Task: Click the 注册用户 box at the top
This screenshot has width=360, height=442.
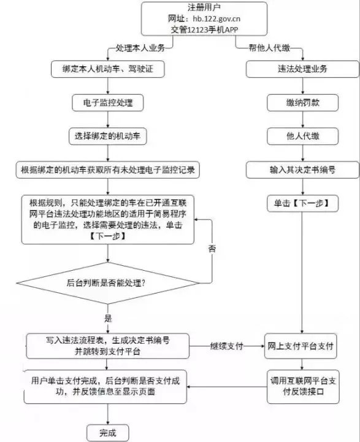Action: (204, 18)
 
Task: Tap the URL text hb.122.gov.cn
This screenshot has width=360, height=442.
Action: (216, 18)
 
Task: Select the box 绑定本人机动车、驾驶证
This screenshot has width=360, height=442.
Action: (107, 69)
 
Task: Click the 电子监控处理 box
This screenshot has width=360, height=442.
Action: (107, 103)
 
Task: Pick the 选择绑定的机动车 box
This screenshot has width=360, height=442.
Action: (107, 136)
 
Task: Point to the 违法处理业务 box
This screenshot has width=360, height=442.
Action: (302, 69)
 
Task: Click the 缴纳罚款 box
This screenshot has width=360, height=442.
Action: (302, 103)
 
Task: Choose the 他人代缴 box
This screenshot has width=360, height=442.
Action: (302, 136)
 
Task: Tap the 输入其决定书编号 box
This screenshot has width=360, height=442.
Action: (302, 169)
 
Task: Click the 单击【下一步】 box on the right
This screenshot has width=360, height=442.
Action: (302, 203)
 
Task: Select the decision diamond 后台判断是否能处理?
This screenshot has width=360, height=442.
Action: (107, 283)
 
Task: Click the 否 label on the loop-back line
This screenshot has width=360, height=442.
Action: (212, 249)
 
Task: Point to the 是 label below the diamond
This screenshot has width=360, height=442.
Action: (108, 319)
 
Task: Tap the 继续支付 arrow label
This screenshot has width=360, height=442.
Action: (226, 346)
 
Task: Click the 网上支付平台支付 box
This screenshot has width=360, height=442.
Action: (301, 346)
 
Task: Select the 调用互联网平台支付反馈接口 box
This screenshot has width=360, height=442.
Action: (303, 387)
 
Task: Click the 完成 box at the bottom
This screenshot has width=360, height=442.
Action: (107, 433)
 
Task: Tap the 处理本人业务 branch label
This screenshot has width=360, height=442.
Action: (140, 48)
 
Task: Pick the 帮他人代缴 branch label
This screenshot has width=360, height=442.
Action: (269, 48)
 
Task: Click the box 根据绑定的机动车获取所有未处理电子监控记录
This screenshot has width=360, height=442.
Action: (107, 169)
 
